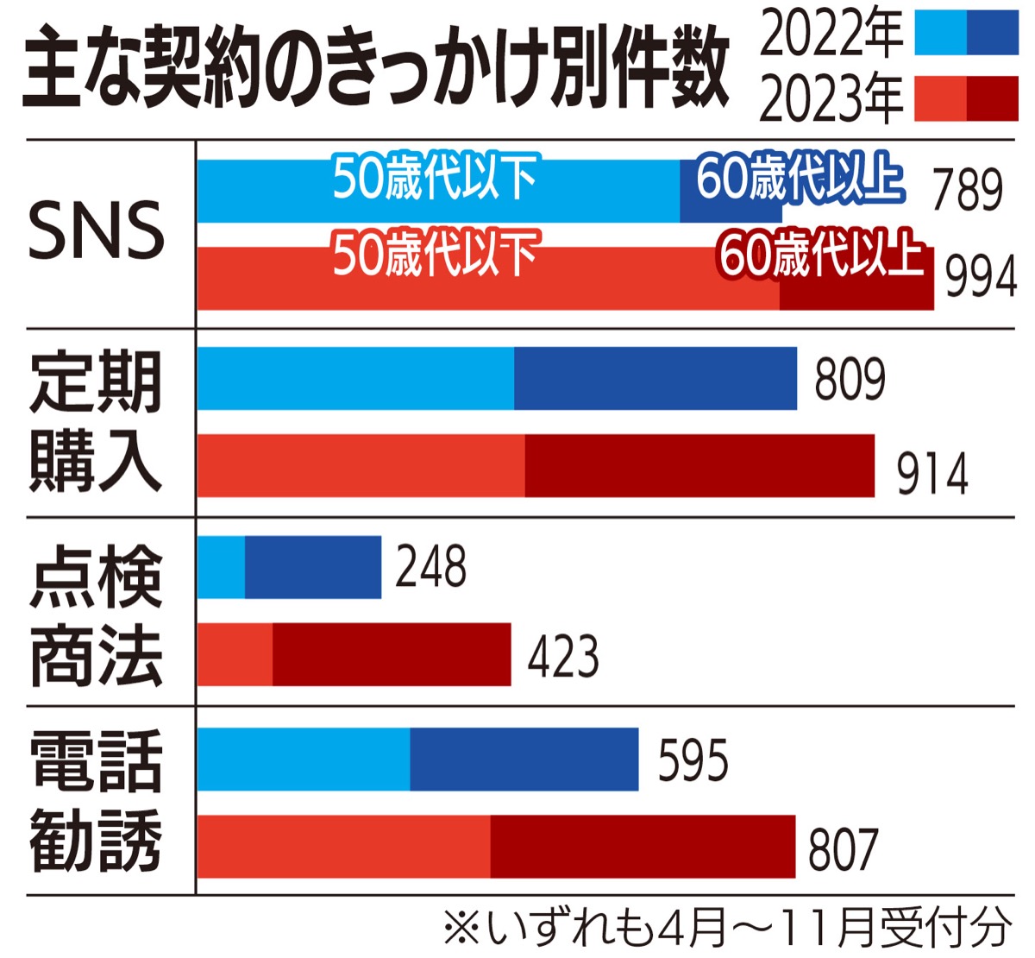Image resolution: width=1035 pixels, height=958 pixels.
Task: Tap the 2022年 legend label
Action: [x=831, y=35]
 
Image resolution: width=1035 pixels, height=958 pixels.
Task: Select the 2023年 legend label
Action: [x=831, y=99]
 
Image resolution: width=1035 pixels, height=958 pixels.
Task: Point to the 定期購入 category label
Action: [x=96, y=422]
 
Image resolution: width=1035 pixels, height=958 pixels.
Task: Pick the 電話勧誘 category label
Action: [x=96, y=800]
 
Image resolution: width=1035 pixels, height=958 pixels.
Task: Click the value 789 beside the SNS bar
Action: [x=967, y=190]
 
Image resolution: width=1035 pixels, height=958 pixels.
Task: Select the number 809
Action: [x=850, y=379]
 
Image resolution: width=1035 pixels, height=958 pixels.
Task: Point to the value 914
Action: [x=932, y=474]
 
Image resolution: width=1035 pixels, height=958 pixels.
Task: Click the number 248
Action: [x=430, y=567]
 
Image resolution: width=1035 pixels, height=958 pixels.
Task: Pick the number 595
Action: [x=693, y=760]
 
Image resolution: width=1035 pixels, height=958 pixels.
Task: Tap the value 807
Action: [x=843, y=848]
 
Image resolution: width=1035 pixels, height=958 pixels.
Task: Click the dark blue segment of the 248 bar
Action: [x=313, y=567]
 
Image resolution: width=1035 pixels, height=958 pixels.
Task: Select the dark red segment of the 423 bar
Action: [x=392, y=655]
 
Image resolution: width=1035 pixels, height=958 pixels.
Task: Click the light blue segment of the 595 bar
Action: [x=304, y=759]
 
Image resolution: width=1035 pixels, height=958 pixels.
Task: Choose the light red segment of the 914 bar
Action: [x=361, y=466]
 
